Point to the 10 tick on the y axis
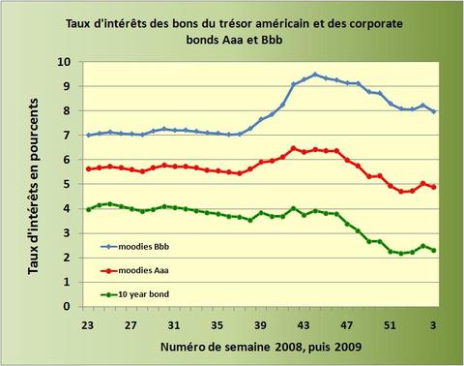(64, 61)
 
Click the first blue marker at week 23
(89, 135)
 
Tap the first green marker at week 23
(89, 208)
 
